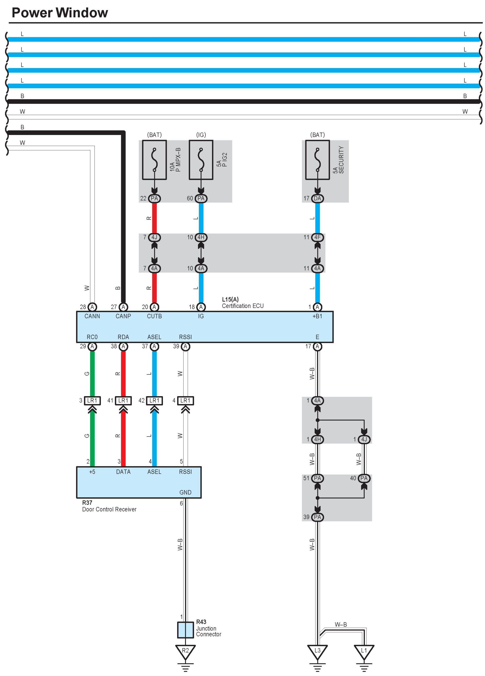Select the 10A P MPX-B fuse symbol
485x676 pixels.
click(154, 160)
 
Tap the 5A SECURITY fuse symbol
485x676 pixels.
click(317, 160)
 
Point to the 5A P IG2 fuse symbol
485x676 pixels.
click(201, 160)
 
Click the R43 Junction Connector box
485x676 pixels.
click(185, 630)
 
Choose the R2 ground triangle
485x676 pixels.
click(185, 651)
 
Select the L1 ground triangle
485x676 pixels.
click(364, 651)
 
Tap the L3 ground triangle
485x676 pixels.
click(317, 651)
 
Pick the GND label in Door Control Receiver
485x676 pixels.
click(185, 492)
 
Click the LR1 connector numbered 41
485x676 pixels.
click(123, 401)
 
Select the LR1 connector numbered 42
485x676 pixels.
click(154, 401)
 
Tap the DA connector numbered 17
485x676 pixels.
click(317, 198)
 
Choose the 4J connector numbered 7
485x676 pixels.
click(154, 237)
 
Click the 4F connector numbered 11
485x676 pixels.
click(317, 237)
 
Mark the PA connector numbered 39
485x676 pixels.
click(317, 517)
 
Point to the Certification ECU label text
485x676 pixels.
click(243, 306)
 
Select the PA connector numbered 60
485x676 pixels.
click(201, 198)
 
